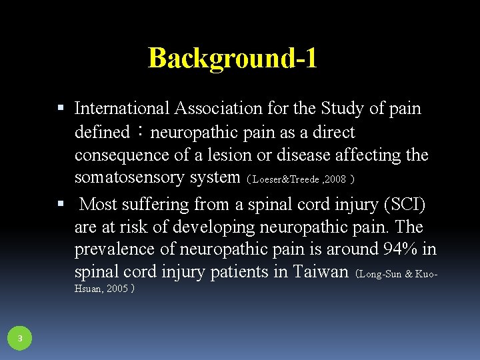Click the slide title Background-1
[x=232, y=58]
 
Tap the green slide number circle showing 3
[x=20, y=339]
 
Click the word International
[x=122, y=108]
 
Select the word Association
[x=215, y=108]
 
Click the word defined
[x=101, y=132]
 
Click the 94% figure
[x=402, y=249]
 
